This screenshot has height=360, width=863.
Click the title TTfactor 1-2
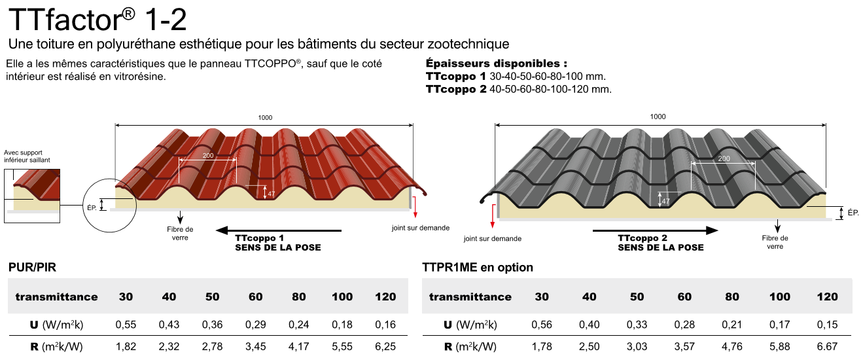[x=97, y=19]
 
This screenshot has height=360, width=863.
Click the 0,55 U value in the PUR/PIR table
[x=126, y=325]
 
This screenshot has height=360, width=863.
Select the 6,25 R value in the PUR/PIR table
[x=385, y=346]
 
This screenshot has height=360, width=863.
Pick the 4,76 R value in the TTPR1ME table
[x=731, y=346]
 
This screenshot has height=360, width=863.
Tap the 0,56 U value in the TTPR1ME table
[x=541, y=325]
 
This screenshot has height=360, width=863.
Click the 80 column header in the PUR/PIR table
[x=298, y=297]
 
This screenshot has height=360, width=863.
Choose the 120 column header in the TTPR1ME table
[x=827, y=297]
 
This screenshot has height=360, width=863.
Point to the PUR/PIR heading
[x=32, y=267]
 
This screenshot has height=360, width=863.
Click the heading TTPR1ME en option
[x=478, y=267]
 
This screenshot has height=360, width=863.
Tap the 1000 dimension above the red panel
[x=265, y=118]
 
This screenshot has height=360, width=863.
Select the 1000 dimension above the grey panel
[x=658, y=117]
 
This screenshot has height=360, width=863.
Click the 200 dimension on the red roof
[x=208, y=155]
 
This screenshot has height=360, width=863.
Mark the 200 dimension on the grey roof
[x=724, y=158]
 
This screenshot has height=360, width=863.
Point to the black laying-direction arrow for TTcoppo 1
[x=279, y=230]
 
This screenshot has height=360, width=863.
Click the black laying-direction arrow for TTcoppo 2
[x=656, y=230]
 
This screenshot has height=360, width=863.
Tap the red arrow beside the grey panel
[x=493, y=217]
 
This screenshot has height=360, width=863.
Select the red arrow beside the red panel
[x=415, y=207]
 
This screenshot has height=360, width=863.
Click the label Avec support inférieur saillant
[x=27, y=156]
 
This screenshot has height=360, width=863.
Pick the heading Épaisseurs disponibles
[x=496, y=63]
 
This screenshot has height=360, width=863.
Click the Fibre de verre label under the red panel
[x=180, y=233]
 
